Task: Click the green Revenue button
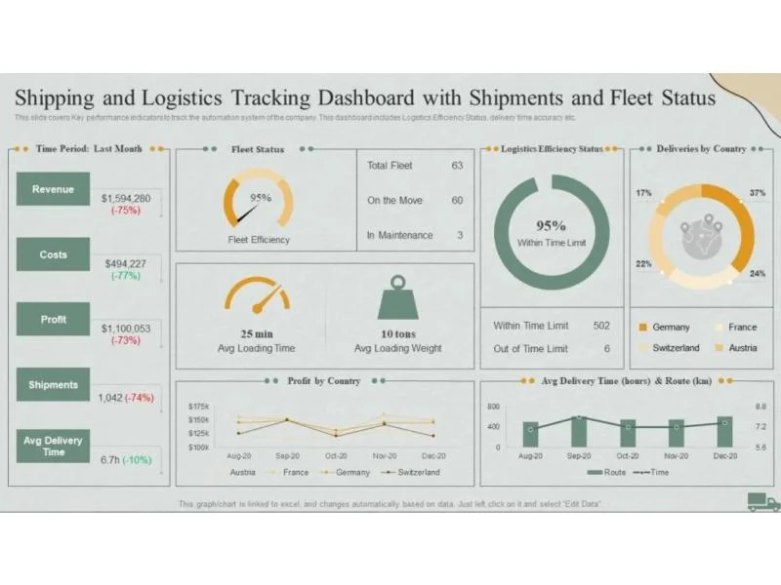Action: pos(53,189)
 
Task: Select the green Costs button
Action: pos(53,254)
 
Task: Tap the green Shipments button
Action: pos(53,384)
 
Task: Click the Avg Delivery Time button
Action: pos(53,446)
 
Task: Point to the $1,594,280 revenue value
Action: pos(126,198)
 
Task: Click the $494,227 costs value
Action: pos(125,263)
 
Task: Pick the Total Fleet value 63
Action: pos(457,166)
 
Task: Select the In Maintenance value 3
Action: pos(460,235)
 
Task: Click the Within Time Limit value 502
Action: pos(601,326)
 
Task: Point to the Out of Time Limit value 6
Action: pos(607,348)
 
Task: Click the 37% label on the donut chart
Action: pos(758,193)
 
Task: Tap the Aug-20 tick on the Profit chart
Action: pos(240,455)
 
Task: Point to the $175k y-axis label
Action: pos(198,406)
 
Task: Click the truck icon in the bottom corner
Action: pos(763,502)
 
